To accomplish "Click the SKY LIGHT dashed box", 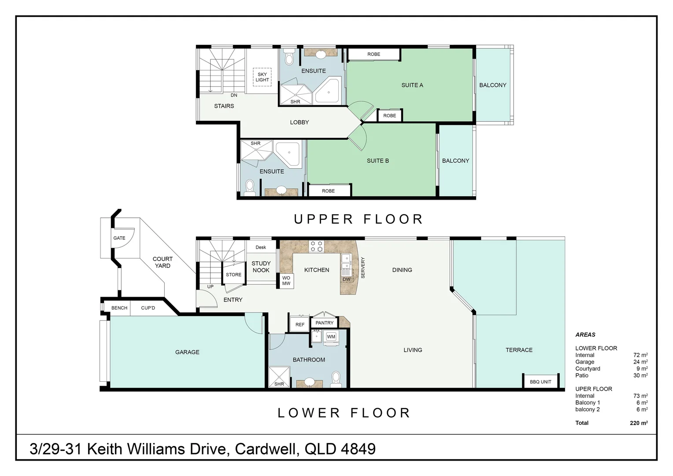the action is coord(262,77).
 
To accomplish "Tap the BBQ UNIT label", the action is coord(540,382).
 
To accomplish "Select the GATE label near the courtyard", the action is coord(119,238).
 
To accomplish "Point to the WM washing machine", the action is coord(331,337).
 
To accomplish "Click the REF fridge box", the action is coord(300,324).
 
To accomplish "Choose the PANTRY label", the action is coord(325,323).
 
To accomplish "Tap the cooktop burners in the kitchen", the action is coord(317,246).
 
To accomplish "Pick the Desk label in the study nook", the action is coord(261,247).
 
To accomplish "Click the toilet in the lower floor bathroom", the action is coord(336,379).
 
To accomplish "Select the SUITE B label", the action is coord(377,161).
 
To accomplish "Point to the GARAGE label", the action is coord(187,352).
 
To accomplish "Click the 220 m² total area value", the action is coord(639,423).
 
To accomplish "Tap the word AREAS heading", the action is coord(585,335).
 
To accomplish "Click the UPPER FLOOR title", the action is coord(359,219).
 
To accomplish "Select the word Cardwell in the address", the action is coord(267,450).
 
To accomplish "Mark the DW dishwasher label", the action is coord(347,279).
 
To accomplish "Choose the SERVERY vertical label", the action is coord(362,268).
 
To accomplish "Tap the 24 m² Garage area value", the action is coord(640,362).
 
